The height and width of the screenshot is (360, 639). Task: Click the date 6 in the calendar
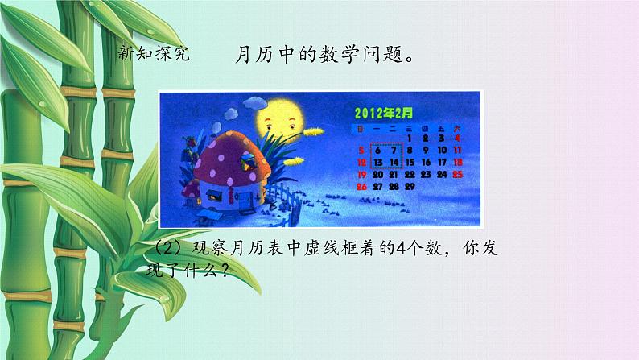(377, 151)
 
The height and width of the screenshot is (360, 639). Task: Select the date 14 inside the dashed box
(394, 162)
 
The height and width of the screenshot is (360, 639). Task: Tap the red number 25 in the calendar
(457, 173)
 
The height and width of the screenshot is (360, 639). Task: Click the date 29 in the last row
(410, 186)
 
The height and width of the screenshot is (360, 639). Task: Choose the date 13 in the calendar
(377, 162)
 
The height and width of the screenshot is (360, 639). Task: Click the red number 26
(361, 186)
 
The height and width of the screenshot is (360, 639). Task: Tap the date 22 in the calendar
(410, 173)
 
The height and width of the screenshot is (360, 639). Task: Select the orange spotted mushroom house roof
(229, 157)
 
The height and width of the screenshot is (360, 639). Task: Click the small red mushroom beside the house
(191, 192)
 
